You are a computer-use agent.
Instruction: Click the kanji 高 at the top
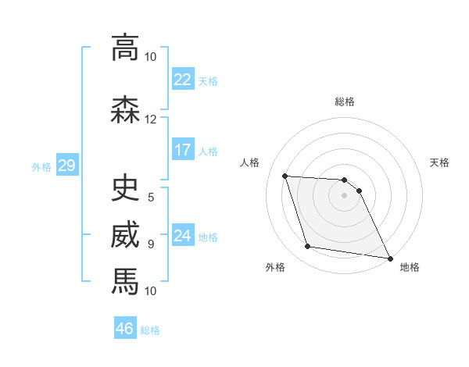tap(125, 48)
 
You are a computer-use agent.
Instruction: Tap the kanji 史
tap(125, 187)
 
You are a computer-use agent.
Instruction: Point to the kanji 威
tap(125, 234)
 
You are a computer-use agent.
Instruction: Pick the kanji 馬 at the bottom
tap(125, 281)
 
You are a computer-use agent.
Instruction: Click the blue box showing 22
tap(183, 80)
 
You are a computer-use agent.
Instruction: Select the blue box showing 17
tap(183, 150)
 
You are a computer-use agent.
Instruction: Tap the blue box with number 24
tap(183, 236)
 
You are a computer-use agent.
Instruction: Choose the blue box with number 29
tap(66, 165)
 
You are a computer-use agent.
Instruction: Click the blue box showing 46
tap(125, 328)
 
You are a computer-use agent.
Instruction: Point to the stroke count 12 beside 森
tap(151, 119)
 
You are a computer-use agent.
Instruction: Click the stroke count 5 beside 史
tap(151, 197)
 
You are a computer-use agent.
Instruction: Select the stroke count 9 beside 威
tap(151, 244)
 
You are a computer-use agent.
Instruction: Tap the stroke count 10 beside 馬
tap(151, 290)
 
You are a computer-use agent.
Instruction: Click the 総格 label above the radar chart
tap(345, 102)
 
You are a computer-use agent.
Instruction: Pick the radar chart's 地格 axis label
tap(410, 267)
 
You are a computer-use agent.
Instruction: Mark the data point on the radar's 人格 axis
tap(285, 176)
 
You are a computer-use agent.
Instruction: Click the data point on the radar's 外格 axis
tap(308, 247)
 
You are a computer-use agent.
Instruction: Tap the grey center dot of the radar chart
tap(345, 195)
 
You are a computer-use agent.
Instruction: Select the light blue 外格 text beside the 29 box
tap(41, 166)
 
